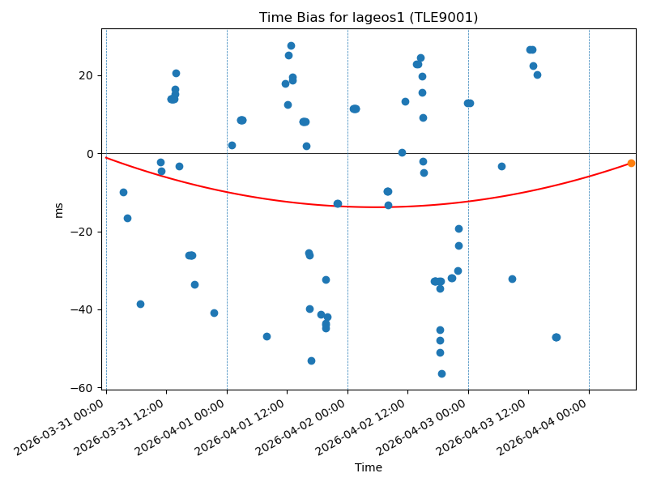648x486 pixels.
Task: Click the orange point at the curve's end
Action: point(631,163)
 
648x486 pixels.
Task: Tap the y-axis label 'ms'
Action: point(58,210)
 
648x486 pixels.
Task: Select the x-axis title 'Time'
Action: point(368,467)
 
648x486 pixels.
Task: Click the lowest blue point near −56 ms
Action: point(441,373)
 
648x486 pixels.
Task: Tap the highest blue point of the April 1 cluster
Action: point(291,45)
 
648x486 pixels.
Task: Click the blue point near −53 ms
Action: point(311,360)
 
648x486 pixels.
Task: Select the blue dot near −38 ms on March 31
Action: point(140,304)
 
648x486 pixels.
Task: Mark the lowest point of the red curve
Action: point(371,207)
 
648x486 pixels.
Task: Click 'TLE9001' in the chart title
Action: point(444,18)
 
